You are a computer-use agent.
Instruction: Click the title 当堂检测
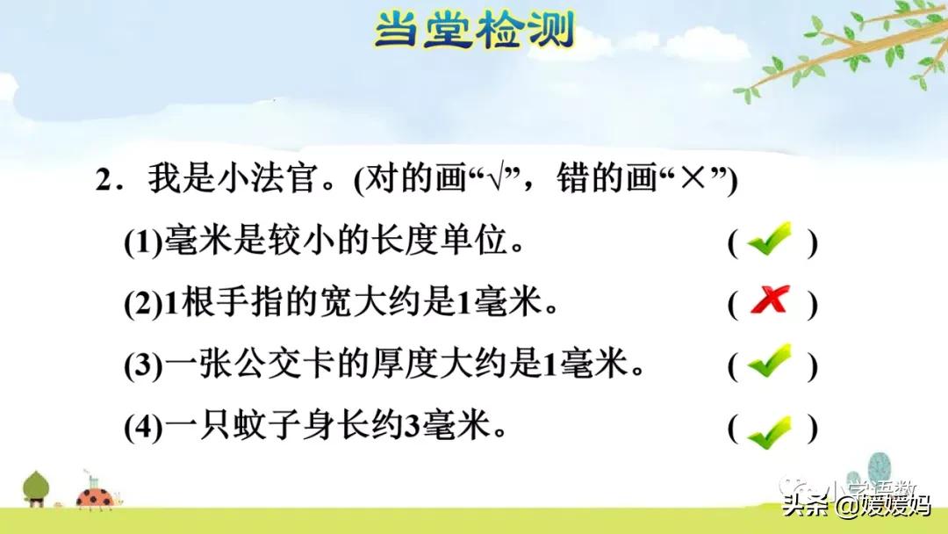pos(474,30)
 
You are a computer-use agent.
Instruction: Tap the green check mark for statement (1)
pos(770,240)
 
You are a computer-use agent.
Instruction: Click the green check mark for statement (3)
pos(770,361)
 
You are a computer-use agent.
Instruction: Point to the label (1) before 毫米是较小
pos(143,242)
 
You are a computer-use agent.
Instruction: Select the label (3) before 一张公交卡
pos(143,365)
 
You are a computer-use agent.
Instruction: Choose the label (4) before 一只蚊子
pos(143,429)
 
